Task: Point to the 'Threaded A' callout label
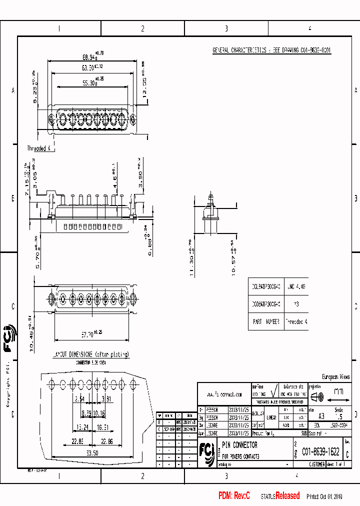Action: (39, 148)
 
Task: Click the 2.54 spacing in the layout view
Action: (79, 399)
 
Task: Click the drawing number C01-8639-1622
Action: (320, 452)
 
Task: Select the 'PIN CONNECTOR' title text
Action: (239, 444)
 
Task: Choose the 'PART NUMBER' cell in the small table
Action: (265, 321)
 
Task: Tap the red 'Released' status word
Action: (287, 495)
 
